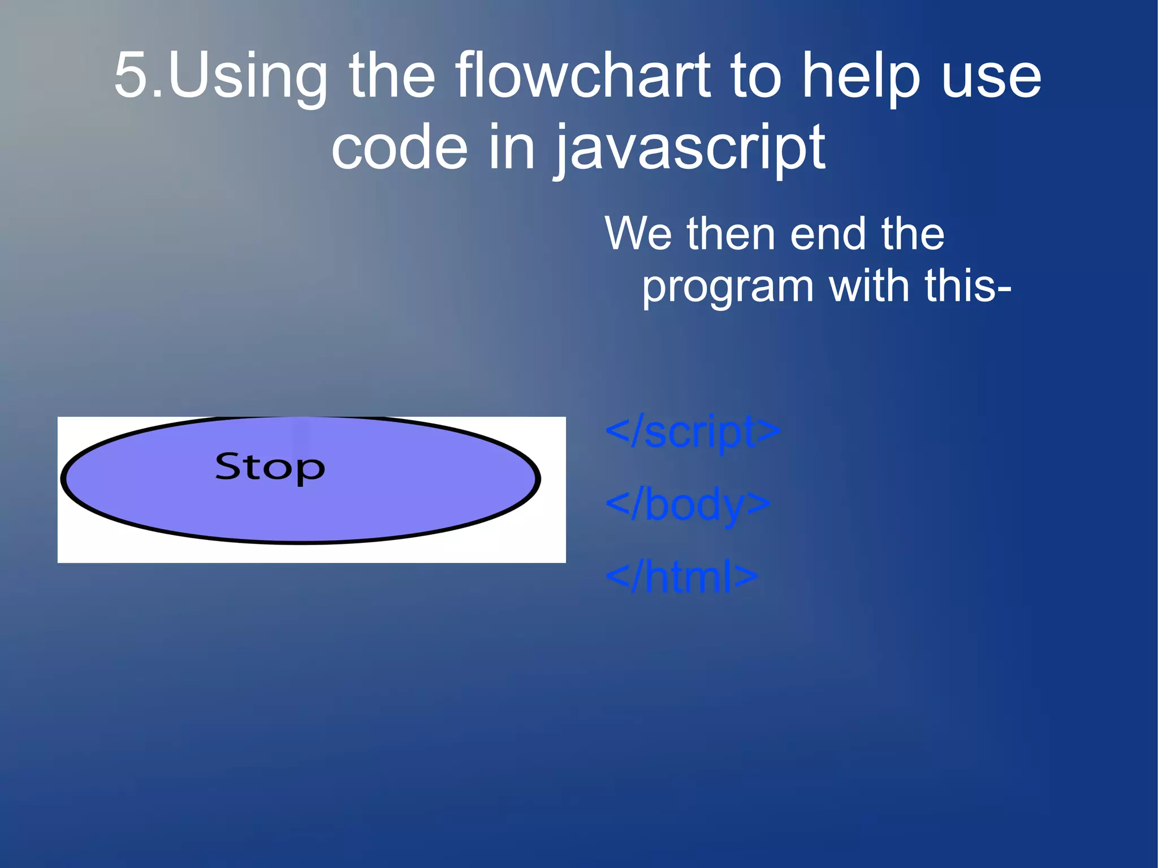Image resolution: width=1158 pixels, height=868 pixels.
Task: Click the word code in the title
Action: coord(399,148)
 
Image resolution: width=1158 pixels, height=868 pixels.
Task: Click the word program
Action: coord(727,287)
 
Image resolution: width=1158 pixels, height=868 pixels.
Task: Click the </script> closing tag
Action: coord(693,431)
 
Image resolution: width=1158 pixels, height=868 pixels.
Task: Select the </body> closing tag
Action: coord(688,504)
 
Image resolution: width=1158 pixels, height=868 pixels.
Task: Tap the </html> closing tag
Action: coord(681,577)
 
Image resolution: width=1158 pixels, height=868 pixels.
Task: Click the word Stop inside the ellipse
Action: coord(270,468)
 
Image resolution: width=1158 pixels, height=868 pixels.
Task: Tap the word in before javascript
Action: coord(511,148)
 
